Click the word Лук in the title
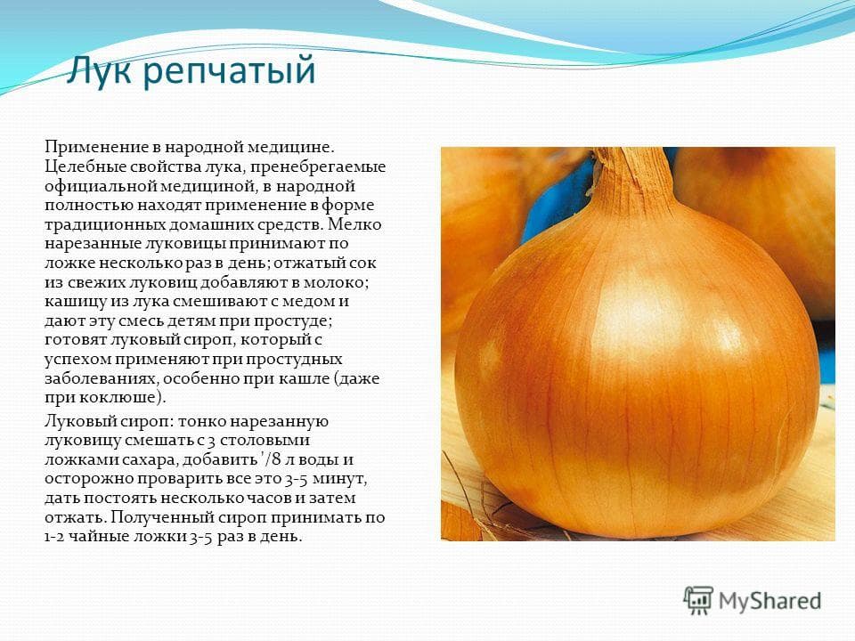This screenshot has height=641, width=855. point(98,70)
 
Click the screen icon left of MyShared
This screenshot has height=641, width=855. point(699,600)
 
